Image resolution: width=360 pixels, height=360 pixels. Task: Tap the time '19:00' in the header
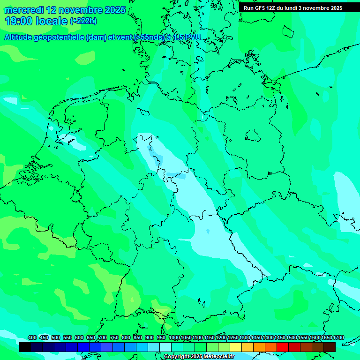[x=19, y=21]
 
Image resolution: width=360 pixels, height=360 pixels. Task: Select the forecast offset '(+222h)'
[x=83, y=21]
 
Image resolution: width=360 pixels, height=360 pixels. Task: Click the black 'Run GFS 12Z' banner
[x=292, y=8]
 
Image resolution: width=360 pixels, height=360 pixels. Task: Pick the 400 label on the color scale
[x=32, y=338]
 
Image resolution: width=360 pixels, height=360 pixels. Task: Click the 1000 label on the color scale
[x=174, y=338]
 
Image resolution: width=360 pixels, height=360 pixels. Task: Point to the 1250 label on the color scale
[x=232, y=338]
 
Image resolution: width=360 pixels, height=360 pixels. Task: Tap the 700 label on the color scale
[x=103, y=338]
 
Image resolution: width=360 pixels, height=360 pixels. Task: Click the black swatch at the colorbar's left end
[x=24, y=347]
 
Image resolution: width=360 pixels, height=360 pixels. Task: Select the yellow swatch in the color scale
[x=236, y=347]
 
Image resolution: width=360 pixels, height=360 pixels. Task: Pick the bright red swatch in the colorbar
[x=283, y=347]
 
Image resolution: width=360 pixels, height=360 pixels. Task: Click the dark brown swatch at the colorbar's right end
[x=330, y=347]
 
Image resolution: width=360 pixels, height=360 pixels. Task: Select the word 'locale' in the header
[x=53, y=21]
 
